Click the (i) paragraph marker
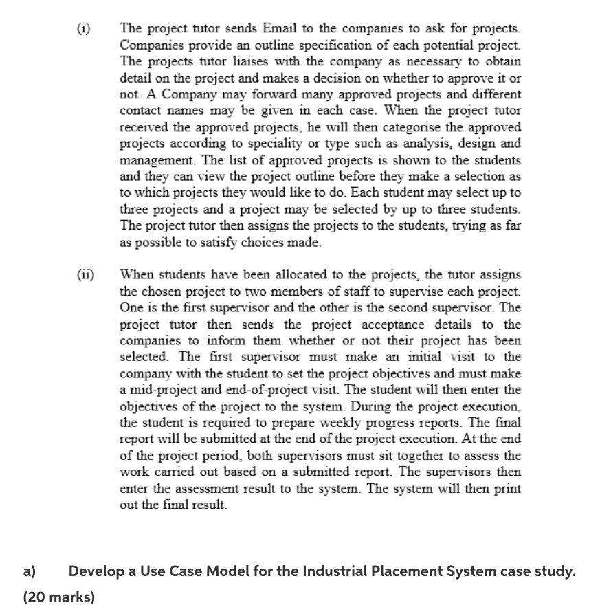[x=82, y=30]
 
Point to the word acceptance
[x=358, y=324]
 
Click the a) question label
[x=30, y=572]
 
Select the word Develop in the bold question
[x=96, y=572]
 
